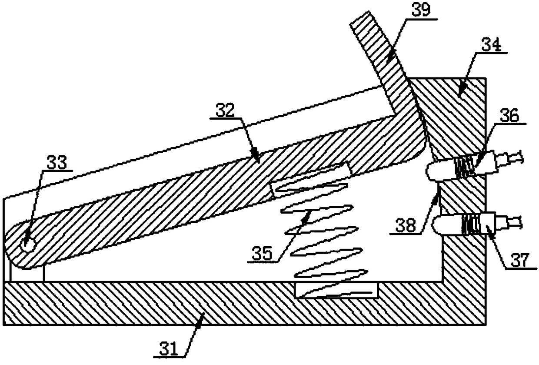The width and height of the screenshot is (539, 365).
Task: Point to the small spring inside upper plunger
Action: [x=462, y=166]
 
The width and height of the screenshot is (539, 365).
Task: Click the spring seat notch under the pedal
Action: [x=311, y=178]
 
